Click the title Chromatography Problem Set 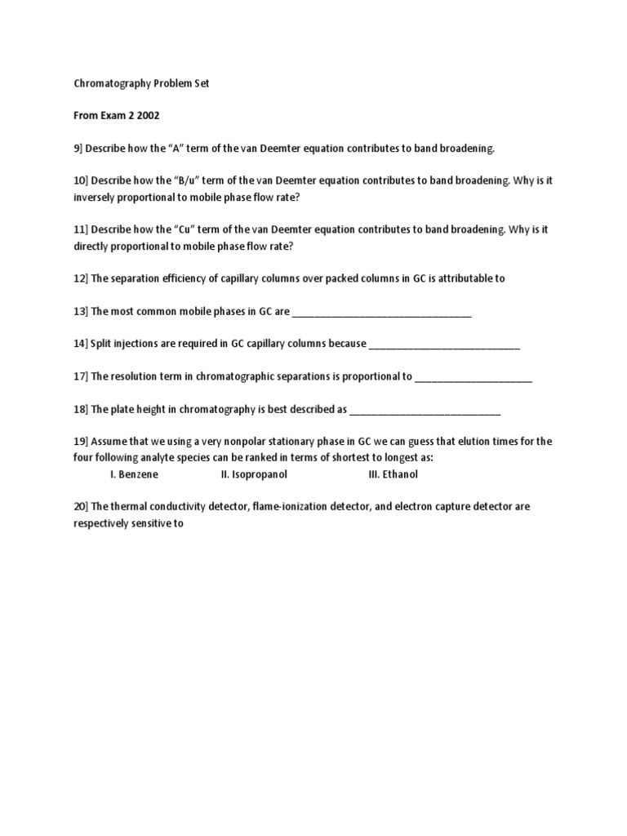click(x=141, y=83)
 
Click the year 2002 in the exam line click(x=149, y=116)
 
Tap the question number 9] click(x=80, y=149)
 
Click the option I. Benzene click(x=135, y=474)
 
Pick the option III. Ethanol click(x=394, y=474)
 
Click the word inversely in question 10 click(x=95, y=197)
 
